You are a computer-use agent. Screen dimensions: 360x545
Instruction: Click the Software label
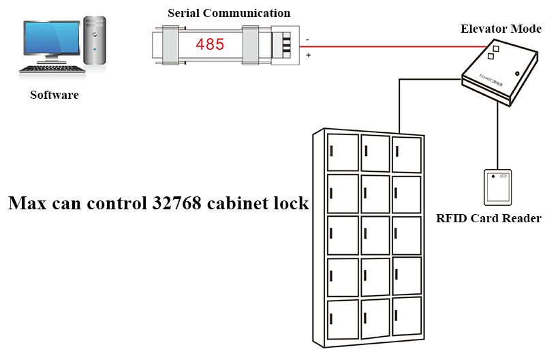tap(54, 95)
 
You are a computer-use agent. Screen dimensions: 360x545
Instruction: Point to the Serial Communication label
tap(229, 13)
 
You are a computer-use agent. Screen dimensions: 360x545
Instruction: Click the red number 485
tap(210, 45)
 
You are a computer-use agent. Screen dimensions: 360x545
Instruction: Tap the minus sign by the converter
tap(307, 39)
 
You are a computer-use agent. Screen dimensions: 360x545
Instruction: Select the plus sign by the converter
tap(308, 55)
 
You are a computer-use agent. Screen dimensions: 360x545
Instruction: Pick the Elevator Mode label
tap(501, 29)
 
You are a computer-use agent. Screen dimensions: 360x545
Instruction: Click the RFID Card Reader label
tap(488, 219)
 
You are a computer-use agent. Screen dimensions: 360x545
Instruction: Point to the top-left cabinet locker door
tap(343, 152)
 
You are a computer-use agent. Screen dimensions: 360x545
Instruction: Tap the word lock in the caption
tap(292, 203)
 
